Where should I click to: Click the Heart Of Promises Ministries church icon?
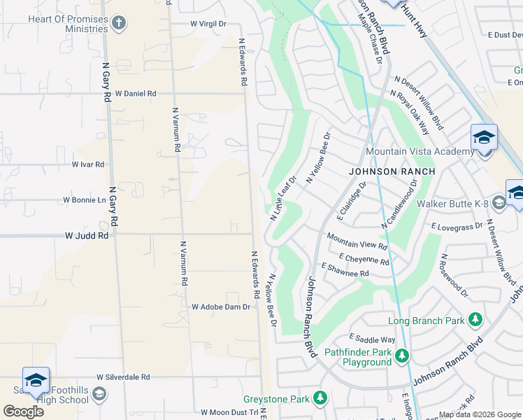click(x=119, y=24)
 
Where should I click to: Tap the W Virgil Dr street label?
click(x=209, y=24)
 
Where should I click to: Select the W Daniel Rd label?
click(x=136, y=93)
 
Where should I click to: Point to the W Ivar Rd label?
click(x=88, y=164)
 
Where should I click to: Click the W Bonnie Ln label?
click(x=84, y=199)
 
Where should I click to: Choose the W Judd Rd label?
click(x=87, y=237)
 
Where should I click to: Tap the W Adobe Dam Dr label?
click(x=221, y=307)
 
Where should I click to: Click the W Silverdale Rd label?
click(x=124, y=377)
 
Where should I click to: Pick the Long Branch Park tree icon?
click(x=475, y=321)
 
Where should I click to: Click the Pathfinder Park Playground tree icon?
click(x=401, y=357)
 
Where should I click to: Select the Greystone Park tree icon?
click(x=320, y=398)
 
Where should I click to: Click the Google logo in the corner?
click(x=23, y=411)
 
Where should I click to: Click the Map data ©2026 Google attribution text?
click(x=479, y=414)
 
